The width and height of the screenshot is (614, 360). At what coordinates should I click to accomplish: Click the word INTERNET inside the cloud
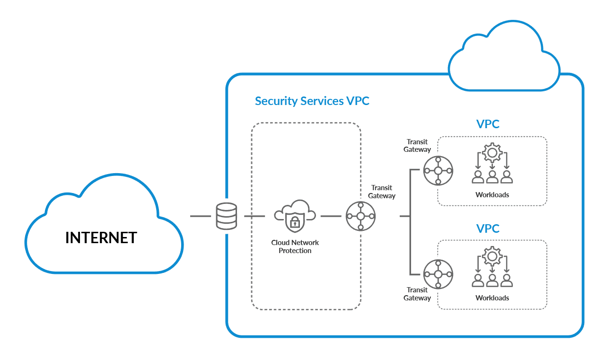(101, 237)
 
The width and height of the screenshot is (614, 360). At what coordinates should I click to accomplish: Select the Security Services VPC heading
(312, 101)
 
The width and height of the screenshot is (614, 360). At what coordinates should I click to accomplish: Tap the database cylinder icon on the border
(226, 216)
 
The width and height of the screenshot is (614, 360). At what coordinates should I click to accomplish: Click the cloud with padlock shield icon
(295, 216)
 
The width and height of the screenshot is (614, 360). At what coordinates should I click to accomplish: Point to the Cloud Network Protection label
(295, 246)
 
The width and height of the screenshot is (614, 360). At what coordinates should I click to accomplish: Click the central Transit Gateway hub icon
(360, 216)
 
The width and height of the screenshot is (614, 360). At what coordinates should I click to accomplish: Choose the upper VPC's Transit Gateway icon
(438, 170)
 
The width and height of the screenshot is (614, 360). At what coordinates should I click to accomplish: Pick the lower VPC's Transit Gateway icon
(438, 274)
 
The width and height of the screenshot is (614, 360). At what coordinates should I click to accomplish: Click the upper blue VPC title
(488, 124)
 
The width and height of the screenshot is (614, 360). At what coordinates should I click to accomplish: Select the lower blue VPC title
(488, 228)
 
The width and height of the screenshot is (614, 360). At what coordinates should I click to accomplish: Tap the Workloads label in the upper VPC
(492, 194)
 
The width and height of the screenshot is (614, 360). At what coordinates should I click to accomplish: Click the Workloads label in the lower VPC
(492, 298)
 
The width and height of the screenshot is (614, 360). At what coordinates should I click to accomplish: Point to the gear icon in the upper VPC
(492, 153)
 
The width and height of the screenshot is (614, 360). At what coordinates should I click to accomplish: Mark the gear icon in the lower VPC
(492, 256)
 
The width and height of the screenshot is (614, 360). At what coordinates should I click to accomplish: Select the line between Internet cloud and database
(200, 216)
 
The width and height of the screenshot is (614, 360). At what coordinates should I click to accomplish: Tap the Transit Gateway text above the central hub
(382, 192)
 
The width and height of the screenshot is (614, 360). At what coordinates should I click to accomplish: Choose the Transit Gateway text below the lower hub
(417, 294)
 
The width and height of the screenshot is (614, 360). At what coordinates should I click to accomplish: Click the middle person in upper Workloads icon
(492, 177)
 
